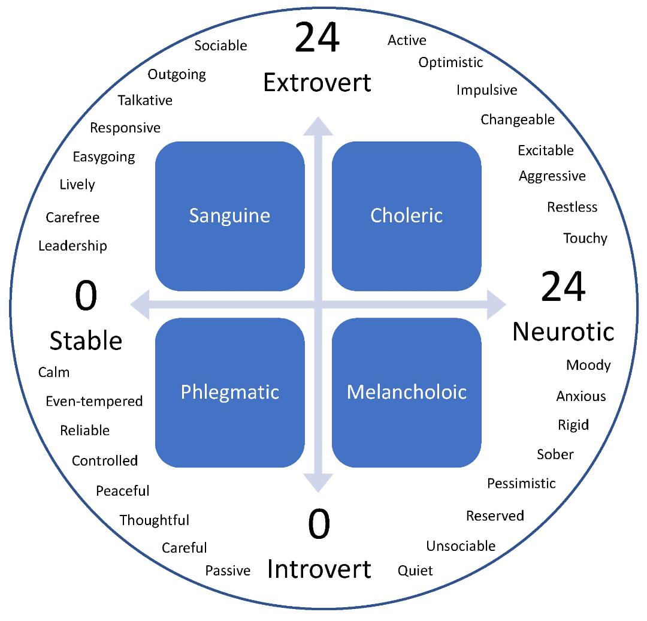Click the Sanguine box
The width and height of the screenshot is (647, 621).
coord(230,216)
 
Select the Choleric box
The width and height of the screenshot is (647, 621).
coord(406,216)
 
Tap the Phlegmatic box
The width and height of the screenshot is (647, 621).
coord(230,393)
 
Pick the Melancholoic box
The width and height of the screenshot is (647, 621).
coord(406,393)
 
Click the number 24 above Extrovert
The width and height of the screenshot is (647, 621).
coord(318,38)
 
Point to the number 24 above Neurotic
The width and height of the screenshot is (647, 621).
coord(563,287)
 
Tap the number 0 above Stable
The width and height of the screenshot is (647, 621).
coord(86,296)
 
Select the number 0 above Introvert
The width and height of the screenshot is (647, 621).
coord(319,524)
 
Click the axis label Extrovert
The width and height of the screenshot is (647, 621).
coord(318,83)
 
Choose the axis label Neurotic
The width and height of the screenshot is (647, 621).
coord(563,332)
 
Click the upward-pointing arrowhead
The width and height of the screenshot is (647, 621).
coord(318,126)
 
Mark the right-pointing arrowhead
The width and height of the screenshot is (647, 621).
coord(497,305)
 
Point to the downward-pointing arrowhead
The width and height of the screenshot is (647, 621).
coord(318,483)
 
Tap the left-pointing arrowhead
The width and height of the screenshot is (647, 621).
coord(140,305)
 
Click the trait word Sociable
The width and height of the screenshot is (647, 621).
coord(220,46)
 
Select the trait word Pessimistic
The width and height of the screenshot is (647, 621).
coord(522,484)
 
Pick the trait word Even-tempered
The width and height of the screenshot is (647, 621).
coord(94,402)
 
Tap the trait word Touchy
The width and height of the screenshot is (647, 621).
coord(585,239)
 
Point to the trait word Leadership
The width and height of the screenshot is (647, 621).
coord(72,246)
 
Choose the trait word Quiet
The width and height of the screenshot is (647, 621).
coord(415,571)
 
